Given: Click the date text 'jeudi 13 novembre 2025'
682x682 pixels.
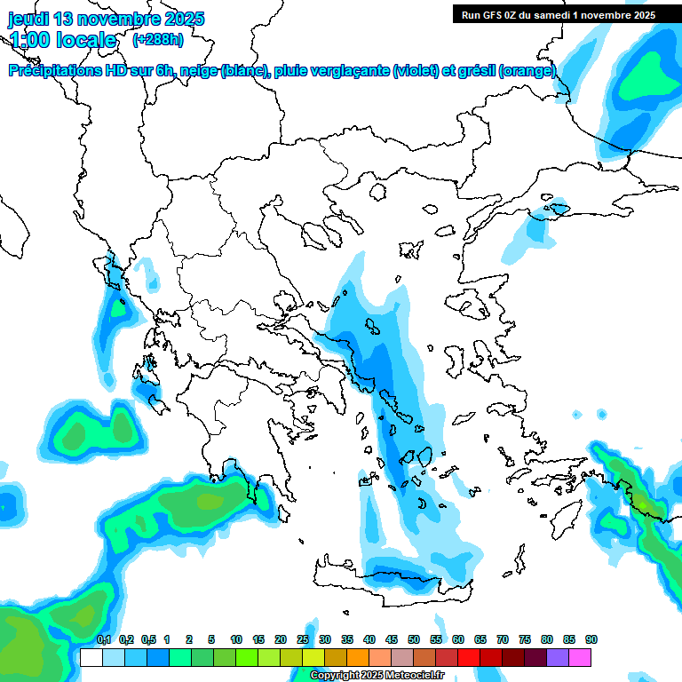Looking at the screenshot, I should [106, 19].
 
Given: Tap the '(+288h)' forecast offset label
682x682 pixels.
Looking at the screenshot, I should [158, 40].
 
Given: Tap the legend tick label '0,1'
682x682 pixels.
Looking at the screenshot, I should [103, 640].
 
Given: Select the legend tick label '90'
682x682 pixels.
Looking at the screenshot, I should [591, 640].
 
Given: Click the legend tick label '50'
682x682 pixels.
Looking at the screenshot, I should [414, 640].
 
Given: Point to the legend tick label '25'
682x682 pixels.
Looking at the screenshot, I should [303, 640].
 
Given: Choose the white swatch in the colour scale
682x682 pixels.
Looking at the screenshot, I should [91, 657].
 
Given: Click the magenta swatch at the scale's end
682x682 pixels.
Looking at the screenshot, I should [580, 657].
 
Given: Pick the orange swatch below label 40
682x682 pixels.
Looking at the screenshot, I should [358, 657].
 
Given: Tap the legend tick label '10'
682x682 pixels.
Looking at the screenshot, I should [236, 640].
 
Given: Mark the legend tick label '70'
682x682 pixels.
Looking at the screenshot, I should [503, 640].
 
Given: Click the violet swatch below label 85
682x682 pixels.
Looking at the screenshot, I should [558, 657].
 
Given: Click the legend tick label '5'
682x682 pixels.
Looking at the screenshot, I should [211, 640].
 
